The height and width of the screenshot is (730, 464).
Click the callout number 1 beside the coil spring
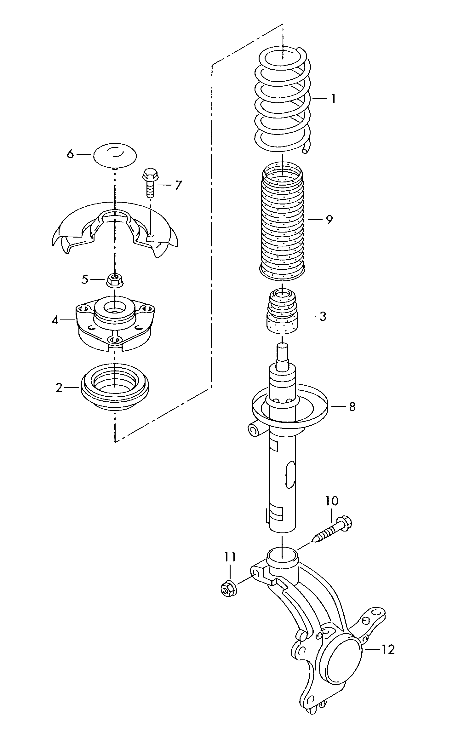click(333, 99)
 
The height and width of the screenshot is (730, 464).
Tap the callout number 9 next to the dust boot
click(329, 220)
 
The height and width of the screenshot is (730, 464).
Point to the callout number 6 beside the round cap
click(70, 154)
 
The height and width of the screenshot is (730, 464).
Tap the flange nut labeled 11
click(227, 589)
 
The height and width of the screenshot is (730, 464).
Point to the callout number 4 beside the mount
click(55, 320)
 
